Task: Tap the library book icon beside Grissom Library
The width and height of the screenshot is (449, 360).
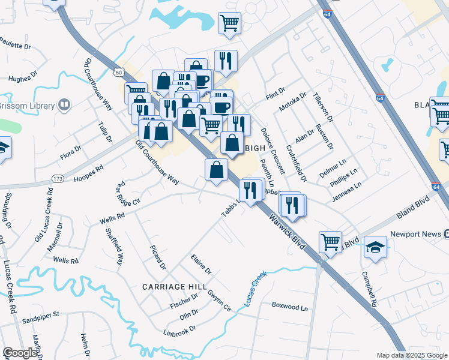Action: pyautogui.click(x=64, y=106)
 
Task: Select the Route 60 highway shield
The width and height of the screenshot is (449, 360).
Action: pyautogui.click(x=120, y=72)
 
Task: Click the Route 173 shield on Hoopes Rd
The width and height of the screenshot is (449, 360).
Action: pyautogui.click(x=58, y=179)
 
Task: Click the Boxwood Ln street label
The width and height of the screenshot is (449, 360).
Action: pyautogui.click(x=289, y=307)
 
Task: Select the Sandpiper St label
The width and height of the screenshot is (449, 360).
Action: pyautogui.click(x=40, y=314)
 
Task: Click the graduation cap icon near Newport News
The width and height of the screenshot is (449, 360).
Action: pyautogui.click(x=375, y=247)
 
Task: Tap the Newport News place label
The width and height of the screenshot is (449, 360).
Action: pyautogui.click(x=415, y=234)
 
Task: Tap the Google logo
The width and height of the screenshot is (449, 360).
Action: pyautogui.click(x=20, y=353)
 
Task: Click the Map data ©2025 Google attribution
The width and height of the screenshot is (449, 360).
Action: pyautogui.click(x=411, y=355)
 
